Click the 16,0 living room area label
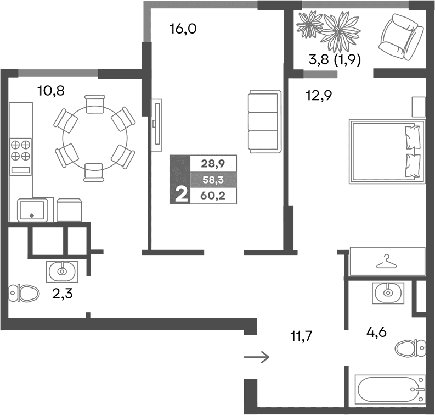[x=183, y=29]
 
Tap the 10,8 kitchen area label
[x=50, y=91]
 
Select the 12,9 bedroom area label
[x=319, y=96]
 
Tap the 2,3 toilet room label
[x=63, y=294]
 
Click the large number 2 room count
[x=179, y=194]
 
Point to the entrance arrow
[x=256, y=358]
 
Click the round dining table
[x=94, y=137]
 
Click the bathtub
[x=389, y=390]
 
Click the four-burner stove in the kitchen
[x=21, y=150]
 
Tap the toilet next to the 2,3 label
[x=24, y=292]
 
